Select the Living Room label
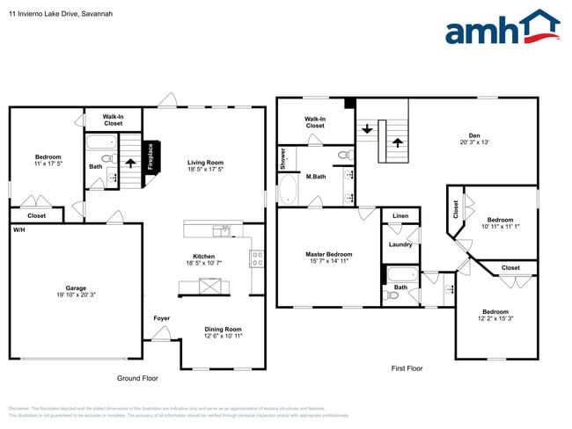point(205,163)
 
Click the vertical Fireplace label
point(150,157)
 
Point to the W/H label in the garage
point(18,229)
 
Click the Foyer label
point(162,318)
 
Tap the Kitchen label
point(204,257)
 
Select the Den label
point(473,135)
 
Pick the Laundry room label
point(400,244)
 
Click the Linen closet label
point(400,215)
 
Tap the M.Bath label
point(317,178)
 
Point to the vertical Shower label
point(283,158)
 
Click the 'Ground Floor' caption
point(137,378)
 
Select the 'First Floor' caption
point(407,368)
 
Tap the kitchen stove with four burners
point(258,258)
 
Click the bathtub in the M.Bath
point(288,190)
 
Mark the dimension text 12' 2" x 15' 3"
point(495,318)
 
